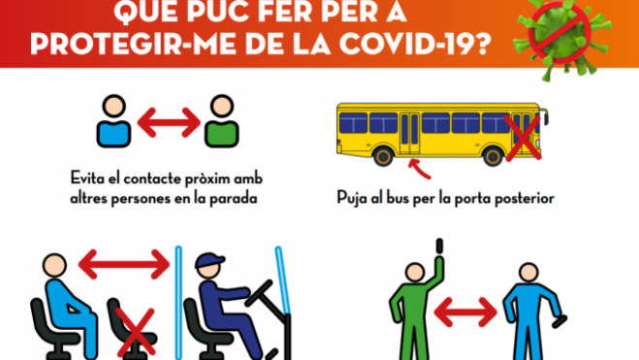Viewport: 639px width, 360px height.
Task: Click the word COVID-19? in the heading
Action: pos(416,43)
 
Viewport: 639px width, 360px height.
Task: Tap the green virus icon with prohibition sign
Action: pos(561,37)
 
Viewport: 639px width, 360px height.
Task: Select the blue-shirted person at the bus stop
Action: pos(113,121)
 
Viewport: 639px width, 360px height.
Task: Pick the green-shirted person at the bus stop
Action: pos(222,121)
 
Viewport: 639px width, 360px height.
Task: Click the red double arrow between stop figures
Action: pos(169,122)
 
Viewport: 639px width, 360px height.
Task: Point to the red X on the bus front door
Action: pos(523,138)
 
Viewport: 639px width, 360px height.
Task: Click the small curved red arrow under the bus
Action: pos(420,169)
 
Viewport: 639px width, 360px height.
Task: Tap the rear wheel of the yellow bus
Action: pos(383,156)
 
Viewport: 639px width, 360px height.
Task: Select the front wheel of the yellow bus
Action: pos(494,156)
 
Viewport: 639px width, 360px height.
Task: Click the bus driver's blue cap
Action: pos(209,260)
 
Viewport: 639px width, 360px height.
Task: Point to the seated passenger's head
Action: pos(54,266)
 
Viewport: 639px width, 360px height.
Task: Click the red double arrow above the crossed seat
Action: pos(124,264)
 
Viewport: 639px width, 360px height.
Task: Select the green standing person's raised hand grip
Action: pos(439,245)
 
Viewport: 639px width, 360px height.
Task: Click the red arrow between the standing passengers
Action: pos(465,311)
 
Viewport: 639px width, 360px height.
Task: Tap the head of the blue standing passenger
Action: pos(528,273)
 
